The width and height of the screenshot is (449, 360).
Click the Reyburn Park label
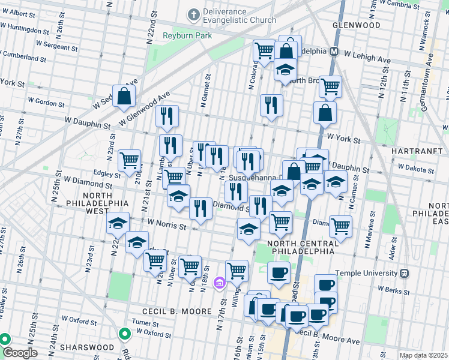click(187, 35)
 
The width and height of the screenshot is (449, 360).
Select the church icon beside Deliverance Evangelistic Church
click(193, 13)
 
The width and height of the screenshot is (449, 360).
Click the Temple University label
click(367, 273)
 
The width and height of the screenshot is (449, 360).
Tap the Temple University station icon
click(405, 273)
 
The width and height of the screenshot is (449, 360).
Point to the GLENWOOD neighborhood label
click(356, 26)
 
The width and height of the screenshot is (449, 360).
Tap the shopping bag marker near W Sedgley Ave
click(124, 97)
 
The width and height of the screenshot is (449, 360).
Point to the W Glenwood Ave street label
click(145, 108)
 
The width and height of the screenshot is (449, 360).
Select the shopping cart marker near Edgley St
click(130, 160)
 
